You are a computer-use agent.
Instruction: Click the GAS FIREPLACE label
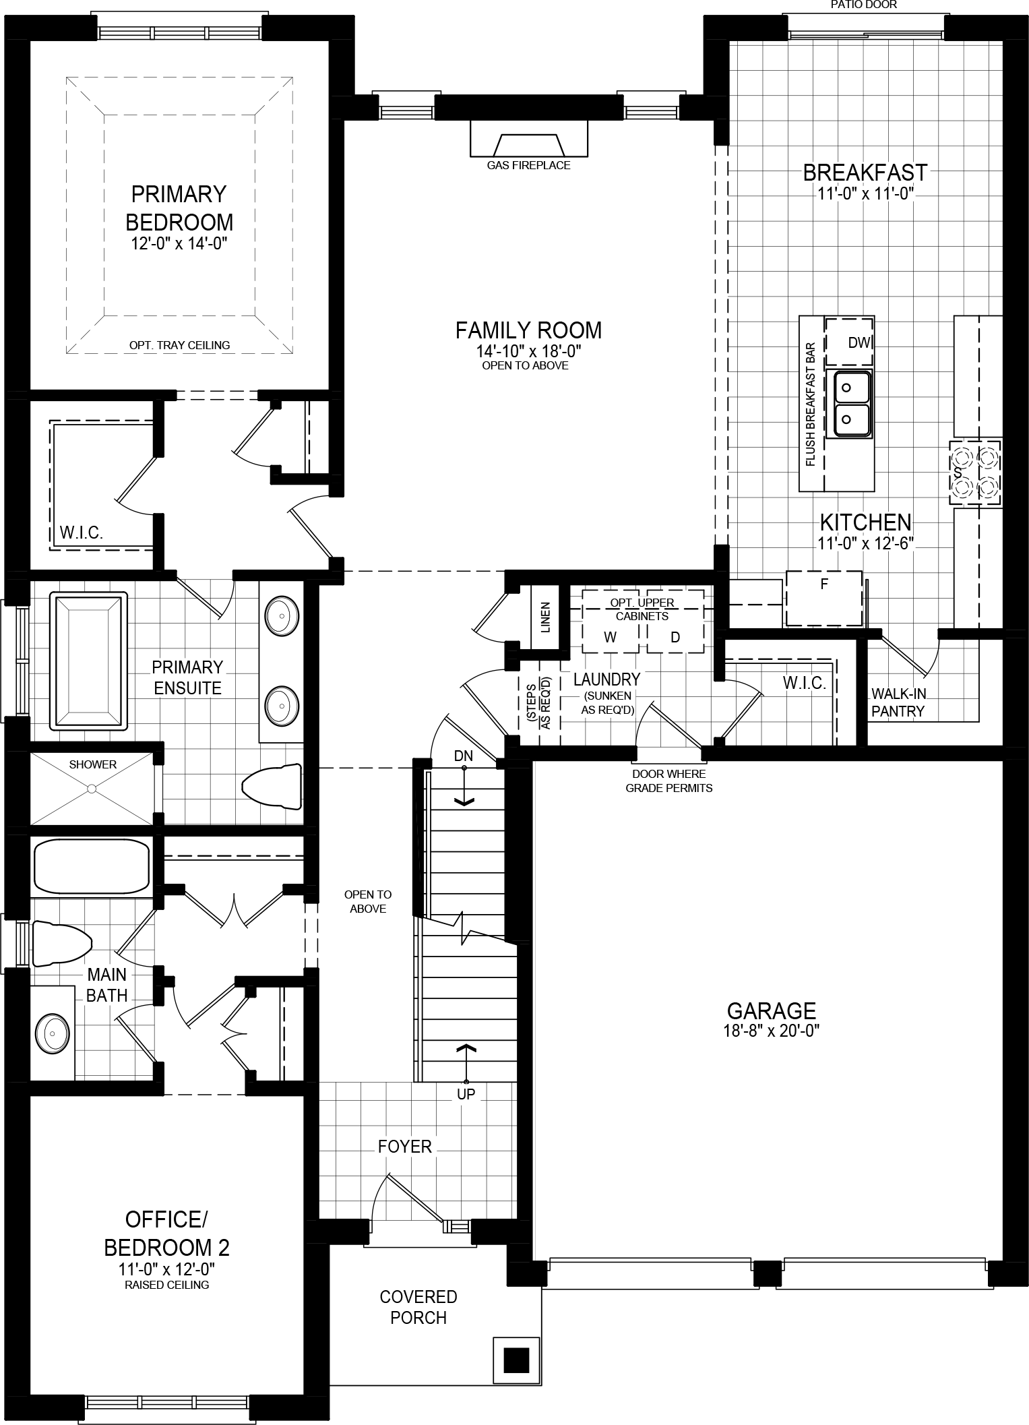click(528, 165)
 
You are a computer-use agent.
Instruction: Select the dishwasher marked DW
click(850, 342)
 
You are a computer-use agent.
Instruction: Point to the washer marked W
click(611, 637)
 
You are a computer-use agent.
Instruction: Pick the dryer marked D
click(675, 637)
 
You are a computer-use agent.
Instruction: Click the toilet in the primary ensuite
click(272, 786)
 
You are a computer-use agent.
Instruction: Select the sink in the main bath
click(52, 1033)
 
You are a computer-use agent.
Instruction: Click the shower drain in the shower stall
click(93, 787)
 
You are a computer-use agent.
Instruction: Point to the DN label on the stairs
click(463, 756)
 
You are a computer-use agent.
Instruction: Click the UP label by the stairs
click(466, 1093)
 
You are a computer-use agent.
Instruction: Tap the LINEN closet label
click(545, 617)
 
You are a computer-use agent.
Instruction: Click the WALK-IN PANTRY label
click(898, 702)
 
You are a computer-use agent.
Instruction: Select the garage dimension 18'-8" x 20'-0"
click(772, 1030)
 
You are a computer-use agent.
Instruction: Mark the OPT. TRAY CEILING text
click(179, 345)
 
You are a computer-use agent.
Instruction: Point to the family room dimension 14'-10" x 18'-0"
click(528, 351)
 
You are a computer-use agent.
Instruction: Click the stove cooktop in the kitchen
click(974, 472)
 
